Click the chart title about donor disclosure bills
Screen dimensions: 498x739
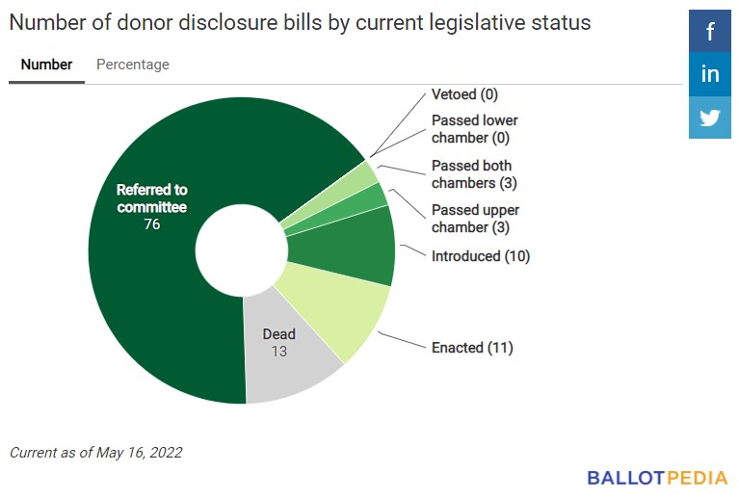tap(300, 22)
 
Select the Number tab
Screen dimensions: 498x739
tap(46, 65)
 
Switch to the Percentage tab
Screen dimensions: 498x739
tap(133, 65)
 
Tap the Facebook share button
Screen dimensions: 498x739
tap(710, 32)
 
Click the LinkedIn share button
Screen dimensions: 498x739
tap(710, 75)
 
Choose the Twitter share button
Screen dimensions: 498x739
tap(710, 118)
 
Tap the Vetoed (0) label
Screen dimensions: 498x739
tap(464, 94)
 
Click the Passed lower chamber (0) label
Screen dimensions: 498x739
tap(474, 129)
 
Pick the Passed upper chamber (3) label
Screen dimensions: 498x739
tap(474, 219)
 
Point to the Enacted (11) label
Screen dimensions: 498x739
tap(472, 347)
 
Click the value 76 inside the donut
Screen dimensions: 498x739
tap(151, 224)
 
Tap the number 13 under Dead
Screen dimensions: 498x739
tap(278, 352)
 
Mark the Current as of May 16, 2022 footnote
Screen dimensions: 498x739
tap(96, 452)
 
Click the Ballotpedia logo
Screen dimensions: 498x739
tap(657, 477)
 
